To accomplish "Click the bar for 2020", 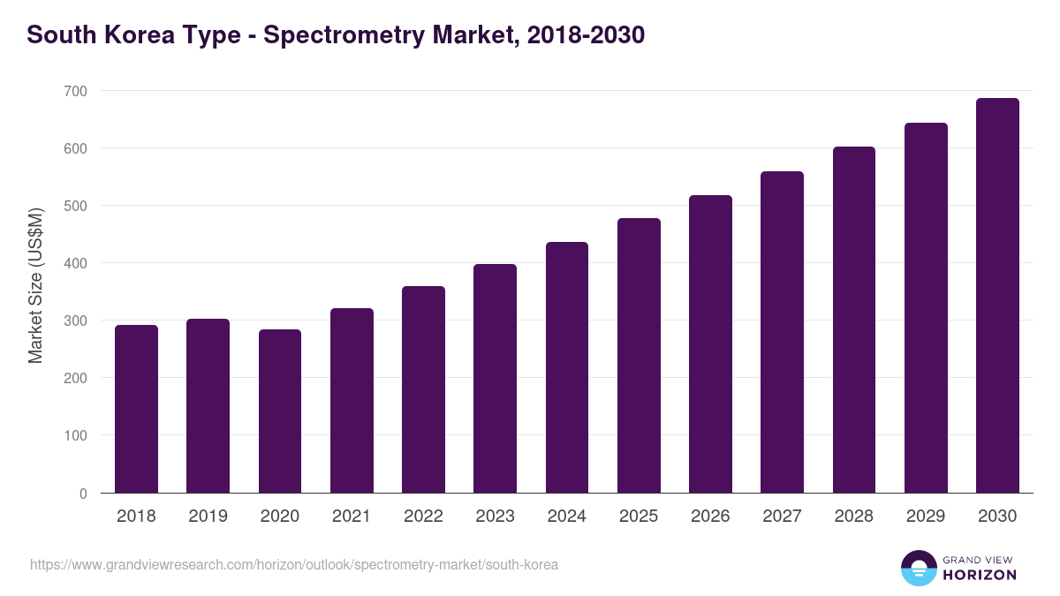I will click(280, 411).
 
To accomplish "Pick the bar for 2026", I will click(710, 344).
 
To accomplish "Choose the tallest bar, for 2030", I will click(997, 296).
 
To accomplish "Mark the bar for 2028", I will click(853, 320).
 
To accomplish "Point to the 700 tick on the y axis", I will click(75, 91).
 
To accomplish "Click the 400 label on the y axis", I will click(75, 263).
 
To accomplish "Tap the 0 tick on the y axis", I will click(83, 494).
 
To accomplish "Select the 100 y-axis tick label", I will click(75, 436).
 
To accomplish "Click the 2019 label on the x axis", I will click(208, 517).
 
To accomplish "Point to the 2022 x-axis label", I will click(423, 517).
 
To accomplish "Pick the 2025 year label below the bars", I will click(639, 517).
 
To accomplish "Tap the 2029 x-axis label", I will click(926, 517).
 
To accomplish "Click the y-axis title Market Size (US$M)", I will click(35, 285).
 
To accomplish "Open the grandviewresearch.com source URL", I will click(294, 564).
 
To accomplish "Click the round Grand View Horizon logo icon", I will click(919, 568).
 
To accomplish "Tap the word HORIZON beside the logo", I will click(980, 575).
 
